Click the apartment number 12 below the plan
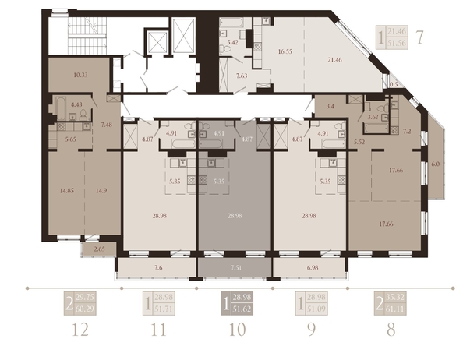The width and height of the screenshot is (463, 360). tap(76, 329)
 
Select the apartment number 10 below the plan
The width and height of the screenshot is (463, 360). tap(235, 329)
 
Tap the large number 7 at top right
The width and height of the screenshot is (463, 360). tap(419, 36)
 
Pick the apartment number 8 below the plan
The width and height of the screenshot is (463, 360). tap(391, 329)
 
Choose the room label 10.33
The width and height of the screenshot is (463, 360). tap(78, 74)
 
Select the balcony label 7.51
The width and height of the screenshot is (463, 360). tap(235, 267)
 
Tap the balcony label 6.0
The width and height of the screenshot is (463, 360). tap(435, 165)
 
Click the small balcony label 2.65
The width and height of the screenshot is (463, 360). tap(99, 249)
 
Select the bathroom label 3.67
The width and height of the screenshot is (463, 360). tap(373, 117)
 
